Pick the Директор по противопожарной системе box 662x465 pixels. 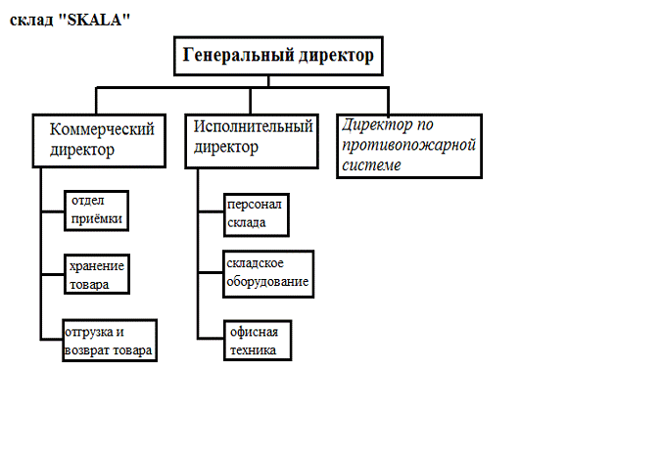click(409, 145)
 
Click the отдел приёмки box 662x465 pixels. click(97, 209)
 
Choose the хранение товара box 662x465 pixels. click(99, 275)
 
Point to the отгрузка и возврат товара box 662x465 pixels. click(110, 339)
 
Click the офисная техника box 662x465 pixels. click(259, 339)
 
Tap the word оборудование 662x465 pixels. click(268, 282)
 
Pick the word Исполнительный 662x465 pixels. click(254, 126)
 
